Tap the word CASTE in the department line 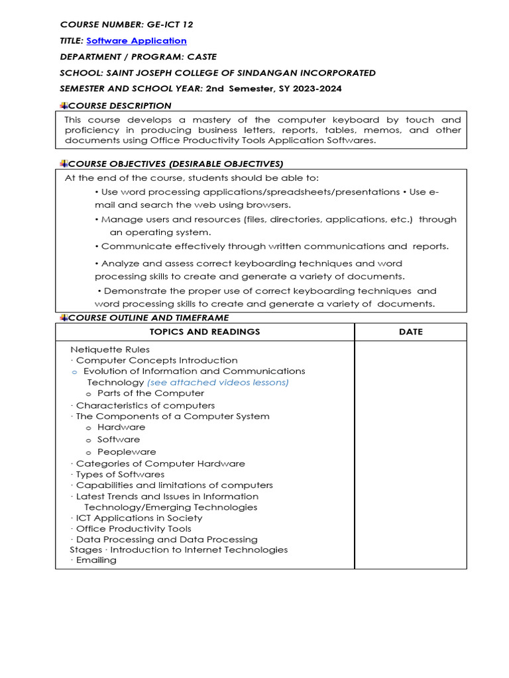[x=201, y=57]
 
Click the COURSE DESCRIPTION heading [x=119, y=105]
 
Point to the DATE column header [x=410, y=332]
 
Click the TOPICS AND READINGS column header [x=205, y=332]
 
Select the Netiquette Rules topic [x=109, y=350]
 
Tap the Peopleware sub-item [x=127, y=452]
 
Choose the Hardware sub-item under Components [x=121, y=427]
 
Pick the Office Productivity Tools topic [x=133, y=528]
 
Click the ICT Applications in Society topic [x=139, y=518]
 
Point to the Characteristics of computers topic [x=145, y=405]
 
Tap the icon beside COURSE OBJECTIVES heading [x=64, y=164]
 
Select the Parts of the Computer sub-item [x=150, y=393]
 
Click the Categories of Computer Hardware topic [x=160, y=463]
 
